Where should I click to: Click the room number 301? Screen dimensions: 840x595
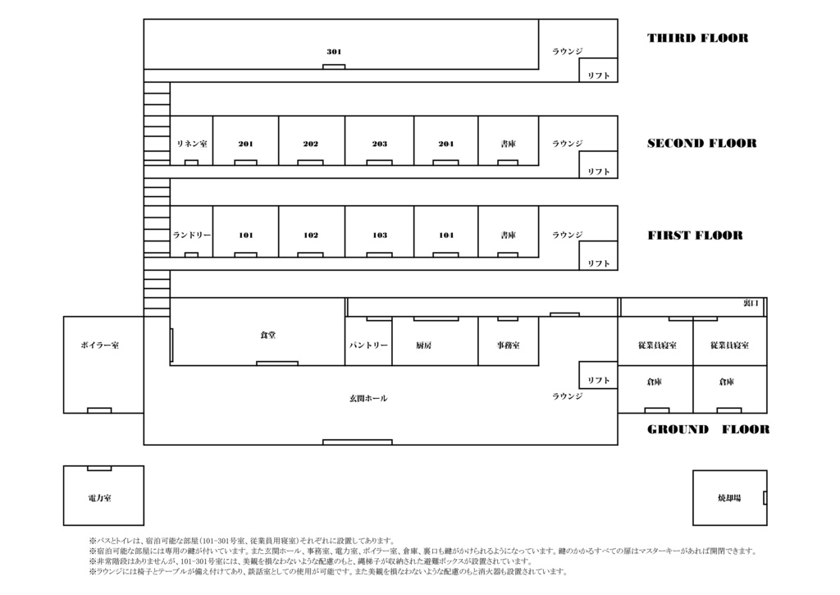334,52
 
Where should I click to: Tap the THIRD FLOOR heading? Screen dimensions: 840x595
697,38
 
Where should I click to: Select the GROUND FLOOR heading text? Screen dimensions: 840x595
708,429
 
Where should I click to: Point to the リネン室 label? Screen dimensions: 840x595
192,144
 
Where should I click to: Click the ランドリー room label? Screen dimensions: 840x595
192,236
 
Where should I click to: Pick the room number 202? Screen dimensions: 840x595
311,144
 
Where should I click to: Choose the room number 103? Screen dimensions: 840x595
380,236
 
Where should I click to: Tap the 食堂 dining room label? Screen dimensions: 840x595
268,335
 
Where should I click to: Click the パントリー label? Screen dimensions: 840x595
368,346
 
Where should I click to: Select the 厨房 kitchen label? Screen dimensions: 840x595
424,346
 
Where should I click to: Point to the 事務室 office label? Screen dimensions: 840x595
509,346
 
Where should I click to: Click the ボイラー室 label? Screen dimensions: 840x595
100,346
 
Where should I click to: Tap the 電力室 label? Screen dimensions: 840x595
99,498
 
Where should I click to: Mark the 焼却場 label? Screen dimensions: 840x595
729,498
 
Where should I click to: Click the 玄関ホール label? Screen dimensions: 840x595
368,398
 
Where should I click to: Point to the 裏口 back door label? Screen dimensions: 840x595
751,304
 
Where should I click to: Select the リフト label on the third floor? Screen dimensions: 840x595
598,76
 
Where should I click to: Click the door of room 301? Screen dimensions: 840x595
334,67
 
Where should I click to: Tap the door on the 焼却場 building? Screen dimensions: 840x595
765,497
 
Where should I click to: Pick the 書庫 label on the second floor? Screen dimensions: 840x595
509,144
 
